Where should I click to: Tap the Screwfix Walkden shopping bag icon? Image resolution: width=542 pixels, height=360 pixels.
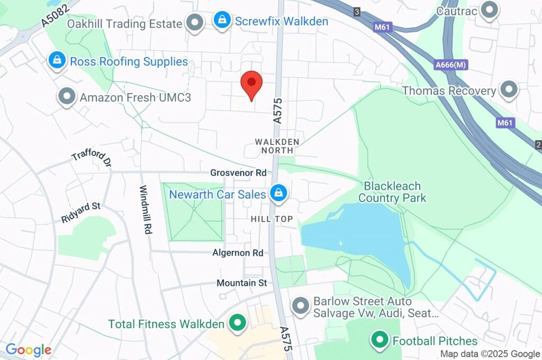[x=222, y=21]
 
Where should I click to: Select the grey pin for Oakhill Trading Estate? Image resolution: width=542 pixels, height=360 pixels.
[x=196, y=23]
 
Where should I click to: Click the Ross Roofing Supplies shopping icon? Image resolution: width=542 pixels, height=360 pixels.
[x=56, y=60]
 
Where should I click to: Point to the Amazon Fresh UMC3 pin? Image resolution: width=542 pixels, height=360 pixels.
[x=67, y=96]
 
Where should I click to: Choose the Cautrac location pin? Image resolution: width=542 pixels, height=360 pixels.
[x=490, y=10]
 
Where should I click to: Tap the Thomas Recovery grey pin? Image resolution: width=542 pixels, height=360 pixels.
[x=509, y=89]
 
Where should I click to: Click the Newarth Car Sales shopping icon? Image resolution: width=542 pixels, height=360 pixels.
[x=277, y=193]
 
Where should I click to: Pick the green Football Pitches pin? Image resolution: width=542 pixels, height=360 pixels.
[x=379, y=339]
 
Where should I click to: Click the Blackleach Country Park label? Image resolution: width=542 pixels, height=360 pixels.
[x=392, y=192]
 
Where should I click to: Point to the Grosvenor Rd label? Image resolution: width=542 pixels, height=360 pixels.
[x=238, y=173]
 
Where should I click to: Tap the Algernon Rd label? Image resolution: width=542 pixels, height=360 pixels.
[x=238, y=253]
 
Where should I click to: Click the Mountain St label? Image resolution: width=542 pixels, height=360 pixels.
[x=241, y=283]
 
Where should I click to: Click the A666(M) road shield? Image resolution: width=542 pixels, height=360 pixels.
[x=451, y=65]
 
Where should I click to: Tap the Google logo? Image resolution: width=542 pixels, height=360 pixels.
[x=28, y=350]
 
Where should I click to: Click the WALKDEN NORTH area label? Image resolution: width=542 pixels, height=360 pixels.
[x=277, y=146]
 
